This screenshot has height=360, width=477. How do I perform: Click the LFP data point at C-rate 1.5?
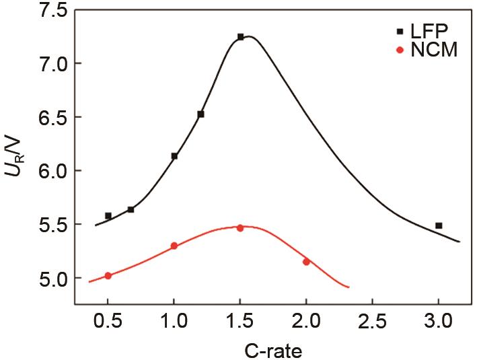click(240, 37)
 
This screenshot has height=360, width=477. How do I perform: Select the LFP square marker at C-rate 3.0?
click(439, 226)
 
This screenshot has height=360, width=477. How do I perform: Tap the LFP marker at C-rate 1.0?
click(174, 156)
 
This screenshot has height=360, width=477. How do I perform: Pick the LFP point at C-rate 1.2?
click(200, 114)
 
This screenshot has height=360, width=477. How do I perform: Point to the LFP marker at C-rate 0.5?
click(108, 216)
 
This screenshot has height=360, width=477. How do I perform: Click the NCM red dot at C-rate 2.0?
click(306, 262)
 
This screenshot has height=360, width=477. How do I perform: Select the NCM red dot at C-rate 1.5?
click(240, 228)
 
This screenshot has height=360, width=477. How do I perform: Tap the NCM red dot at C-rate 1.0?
click(174, 246)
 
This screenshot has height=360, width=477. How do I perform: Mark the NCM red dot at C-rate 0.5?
click(108, 276)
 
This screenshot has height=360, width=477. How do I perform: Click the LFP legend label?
click(431, 31)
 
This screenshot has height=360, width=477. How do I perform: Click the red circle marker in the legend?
click(400, 50)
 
